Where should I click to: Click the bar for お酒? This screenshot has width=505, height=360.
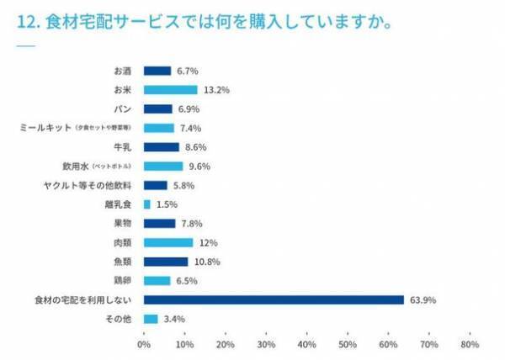(157, 71)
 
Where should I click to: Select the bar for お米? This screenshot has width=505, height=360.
(170, 90)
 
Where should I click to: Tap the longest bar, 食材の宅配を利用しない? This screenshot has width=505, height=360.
(274, 299)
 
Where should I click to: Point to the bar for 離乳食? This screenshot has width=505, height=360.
(147, 204)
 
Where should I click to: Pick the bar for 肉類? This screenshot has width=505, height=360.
(168, 242)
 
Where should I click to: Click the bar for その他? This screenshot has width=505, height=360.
(151, 319)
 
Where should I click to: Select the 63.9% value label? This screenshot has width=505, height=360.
(423, 299)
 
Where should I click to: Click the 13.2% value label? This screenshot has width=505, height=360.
(215, 90)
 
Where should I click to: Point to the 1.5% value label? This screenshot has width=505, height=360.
(167, 204)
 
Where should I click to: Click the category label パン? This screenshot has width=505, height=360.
(120, 109)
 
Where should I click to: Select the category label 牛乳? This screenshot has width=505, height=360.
(120, 147)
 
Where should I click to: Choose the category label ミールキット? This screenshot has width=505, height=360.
(45, 128)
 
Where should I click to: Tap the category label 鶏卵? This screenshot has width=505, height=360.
(120, 280)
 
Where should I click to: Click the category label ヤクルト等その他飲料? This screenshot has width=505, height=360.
(85, 185)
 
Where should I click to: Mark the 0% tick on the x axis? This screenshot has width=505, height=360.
(144, 344)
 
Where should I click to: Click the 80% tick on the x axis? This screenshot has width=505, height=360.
(470, 344)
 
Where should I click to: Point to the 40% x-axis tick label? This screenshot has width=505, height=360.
(306, 344)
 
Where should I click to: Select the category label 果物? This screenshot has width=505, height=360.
(120, 224)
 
